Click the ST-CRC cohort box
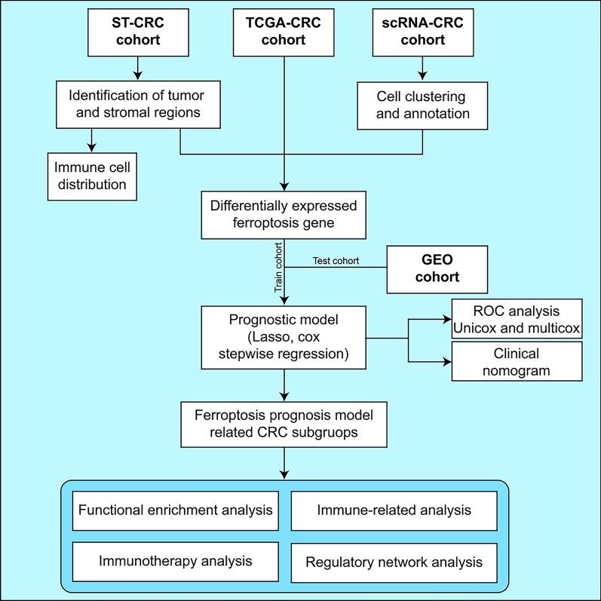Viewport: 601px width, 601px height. click(x=136, y=30)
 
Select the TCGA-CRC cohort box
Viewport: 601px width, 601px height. click(x=284, y=30)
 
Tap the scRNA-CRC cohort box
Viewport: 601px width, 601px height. click(x=422, y=30)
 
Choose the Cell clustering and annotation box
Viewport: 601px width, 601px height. click(x=422, y=106)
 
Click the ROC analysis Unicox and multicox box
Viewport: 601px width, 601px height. click(x=517, y=318)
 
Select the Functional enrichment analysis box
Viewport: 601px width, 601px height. click(x=174, y=511)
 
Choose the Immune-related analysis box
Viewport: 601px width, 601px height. click(x=394, y=511)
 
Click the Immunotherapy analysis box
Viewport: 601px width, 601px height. click(x=174, y=561)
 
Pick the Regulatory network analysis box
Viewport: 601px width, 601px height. click(x=394, y=562)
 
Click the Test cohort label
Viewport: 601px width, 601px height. click(x=335, y=262)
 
